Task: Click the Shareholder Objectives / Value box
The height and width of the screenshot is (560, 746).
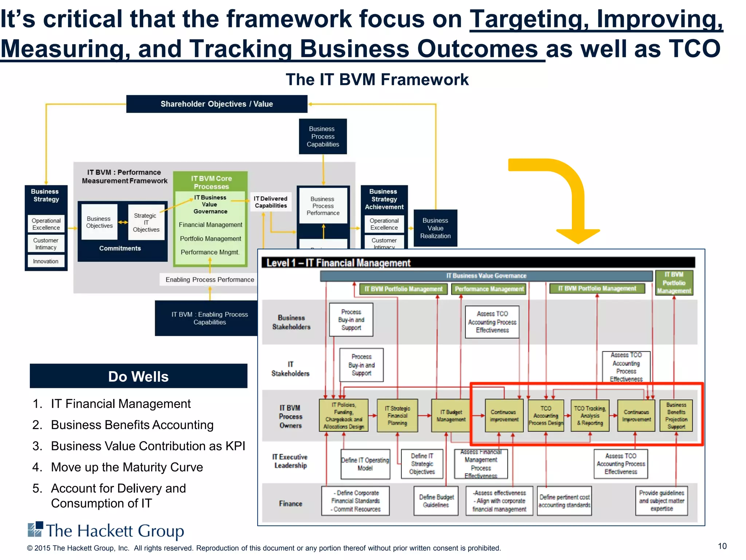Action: (x=217, y=104)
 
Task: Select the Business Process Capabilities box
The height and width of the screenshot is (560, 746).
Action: (x=323, y=136)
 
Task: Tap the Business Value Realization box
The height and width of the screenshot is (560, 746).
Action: (x=435, y=228)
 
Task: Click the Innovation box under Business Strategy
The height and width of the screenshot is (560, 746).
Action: (x=46, y=261)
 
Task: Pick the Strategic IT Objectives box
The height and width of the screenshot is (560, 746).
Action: (x=146, y=222)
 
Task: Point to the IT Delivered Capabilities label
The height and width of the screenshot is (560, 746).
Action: (x=271, y=202)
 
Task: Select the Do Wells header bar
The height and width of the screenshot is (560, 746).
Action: (x=138, y=376)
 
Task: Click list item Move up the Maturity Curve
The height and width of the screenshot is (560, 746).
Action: (x=127, y=467)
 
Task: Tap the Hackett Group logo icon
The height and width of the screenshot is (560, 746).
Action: (x=35, y=529)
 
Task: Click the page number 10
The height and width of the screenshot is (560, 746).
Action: (x=722, y=546)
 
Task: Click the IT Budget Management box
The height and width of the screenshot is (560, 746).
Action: (x=451, y=416)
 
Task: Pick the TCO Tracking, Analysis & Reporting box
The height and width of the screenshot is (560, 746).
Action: (x=590, y=416)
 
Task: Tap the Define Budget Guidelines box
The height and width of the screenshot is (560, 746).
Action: (x=436, y=501)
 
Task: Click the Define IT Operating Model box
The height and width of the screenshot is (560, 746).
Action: (x=365, y=464)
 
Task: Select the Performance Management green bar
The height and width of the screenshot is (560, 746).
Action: (x=489, y=289)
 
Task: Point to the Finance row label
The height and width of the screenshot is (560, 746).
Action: (x=291, y=503)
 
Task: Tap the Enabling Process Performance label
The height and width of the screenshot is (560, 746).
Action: (x=209, y=280)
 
